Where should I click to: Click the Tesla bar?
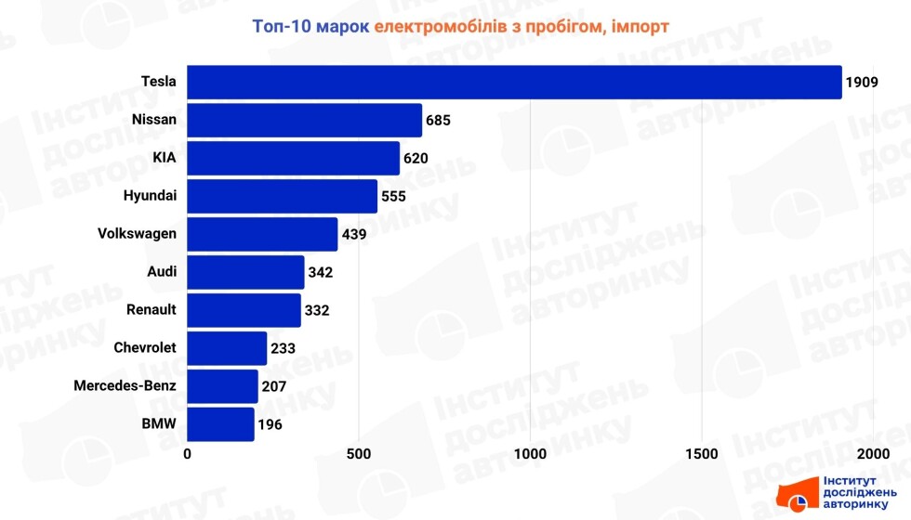[514, 82]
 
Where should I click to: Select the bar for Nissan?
[305, 120]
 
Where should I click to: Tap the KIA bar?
[294, 159]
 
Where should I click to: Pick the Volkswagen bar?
[262, 234]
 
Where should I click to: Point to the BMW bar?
[220, 424]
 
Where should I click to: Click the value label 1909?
[862, 83]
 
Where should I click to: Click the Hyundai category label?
[150, 196]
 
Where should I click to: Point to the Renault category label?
[151, 309]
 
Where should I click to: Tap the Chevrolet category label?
[144, 348]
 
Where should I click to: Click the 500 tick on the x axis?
[359, 454]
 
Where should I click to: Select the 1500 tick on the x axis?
[702, 454]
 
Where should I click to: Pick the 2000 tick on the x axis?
[873, 454]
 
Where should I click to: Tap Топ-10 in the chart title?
[281, 26]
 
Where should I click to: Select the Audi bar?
[245, 272]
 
